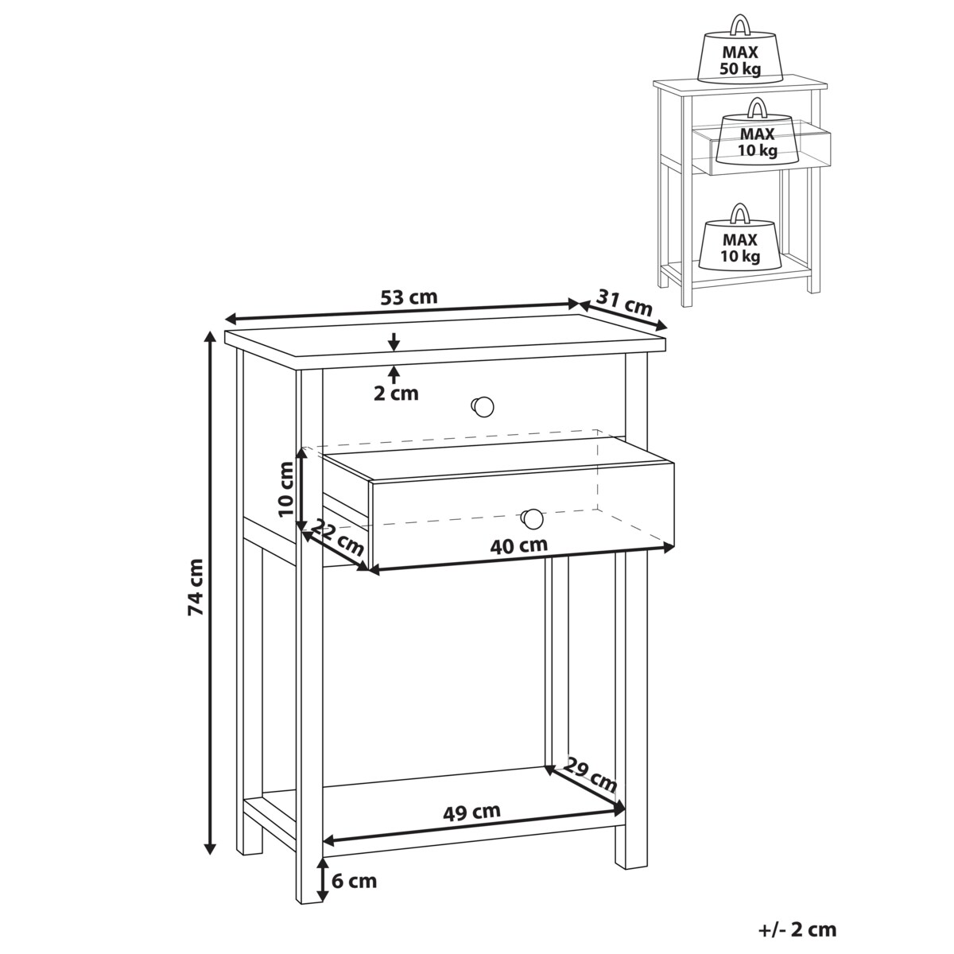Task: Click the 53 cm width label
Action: point(409,297)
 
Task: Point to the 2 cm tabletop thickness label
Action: point(396,394)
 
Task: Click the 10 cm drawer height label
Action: point(286,489)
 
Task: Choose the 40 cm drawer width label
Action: point(519,545)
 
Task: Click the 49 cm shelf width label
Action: point(471,812)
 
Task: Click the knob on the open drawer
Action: point(532,519)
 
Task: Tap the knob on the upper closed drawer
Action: point(482,406)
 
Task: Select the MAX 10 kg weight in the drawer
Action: point(757,135)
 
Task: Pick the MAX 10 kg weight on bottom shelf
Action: point(740,240)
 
